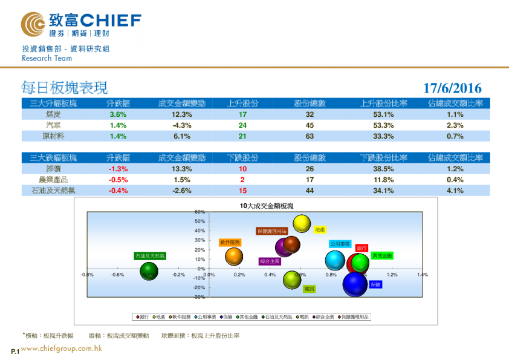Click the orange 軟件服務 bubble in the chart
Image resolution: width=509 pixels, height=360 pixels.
233,257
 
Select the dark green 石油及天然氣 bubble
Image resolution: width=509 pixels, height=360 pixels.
149,272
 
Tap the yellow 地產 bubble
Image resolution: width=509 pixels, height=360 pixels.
302,223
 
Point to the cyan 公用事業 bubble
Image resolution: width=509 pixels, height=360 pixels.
335,260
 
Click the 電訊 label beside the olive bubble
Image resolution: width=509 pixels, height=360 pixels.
309,289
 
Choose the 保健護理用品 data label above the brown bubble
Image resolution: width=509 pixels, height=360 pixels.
271,231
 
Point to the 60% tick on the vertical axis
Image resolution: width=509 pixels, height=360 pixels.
200,212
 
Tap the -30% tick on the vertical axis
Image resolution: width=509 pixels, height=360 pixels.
199,297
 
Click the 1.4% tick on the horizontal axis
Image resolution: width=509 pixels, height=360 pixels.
422,275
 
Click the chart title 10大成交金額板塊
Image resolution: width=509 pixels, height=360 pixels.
267,206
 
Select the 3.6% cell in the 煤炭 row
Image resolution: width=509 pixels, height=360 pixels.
117,114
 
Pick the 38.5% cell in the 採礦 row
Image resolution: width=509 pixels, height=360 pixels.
384,169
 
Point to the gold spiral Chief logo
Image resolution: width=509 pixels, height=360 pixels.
33,24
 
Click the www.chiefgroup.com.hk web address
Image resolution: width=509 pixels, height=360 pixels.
61,349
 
